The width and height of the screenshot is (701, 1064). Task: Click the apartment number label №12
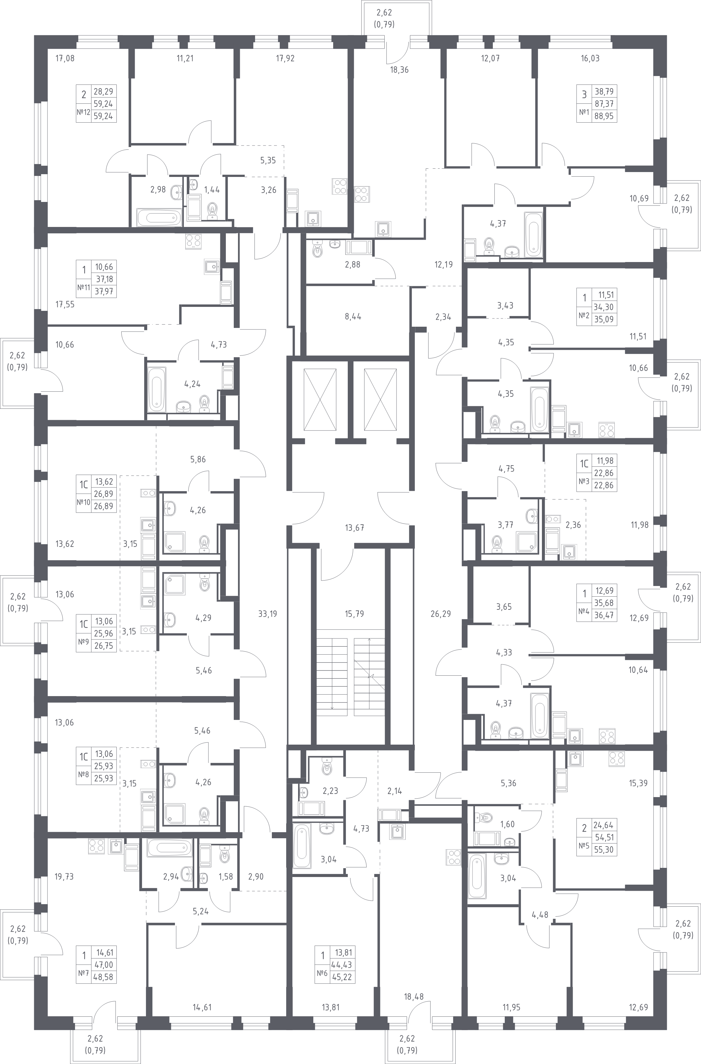click(84, 112)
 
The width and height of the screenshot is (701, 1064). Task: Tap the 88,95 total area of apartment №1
click(604, 116)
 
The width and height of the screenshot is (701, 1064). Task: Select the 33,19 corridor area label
click(267, 614)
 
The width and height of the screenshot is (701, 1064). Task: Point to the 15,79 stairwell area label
click(354, 614)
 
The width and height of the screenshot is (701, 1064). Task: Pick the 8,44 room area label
click(353, 317)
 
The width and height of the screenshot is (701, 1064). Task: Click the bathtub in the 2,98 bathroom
click(159, 219)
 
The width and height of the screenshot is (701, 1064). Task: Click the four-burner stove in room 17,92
click(340, 186)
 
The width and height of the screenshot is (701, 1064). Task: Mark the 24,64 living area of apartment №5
click(604, 825)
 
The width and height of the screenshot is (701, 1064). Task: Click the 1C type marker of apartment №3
click(584, 464)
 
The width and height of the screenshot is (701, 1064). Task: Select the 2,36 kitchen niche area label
click(573, 525)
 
